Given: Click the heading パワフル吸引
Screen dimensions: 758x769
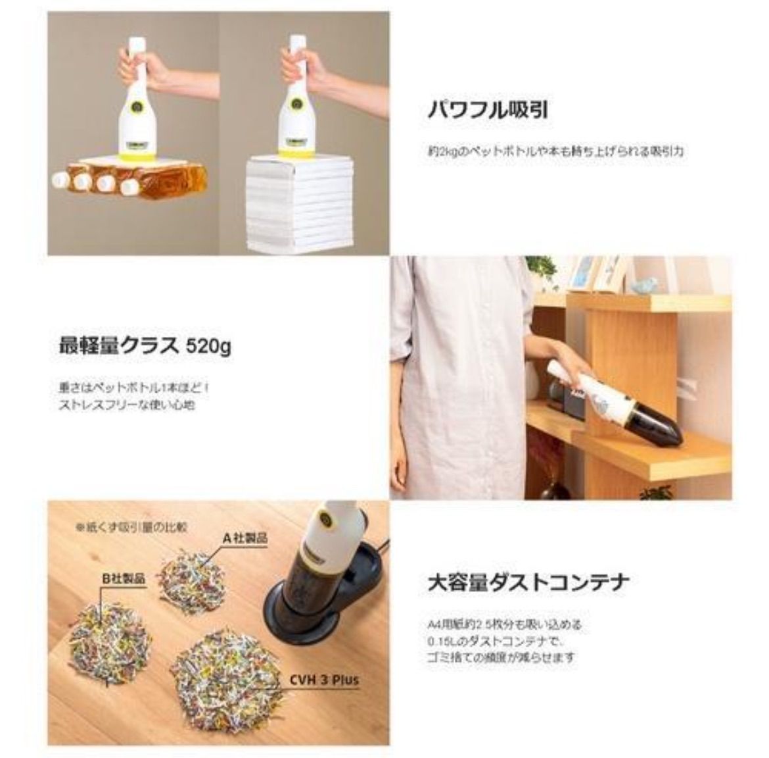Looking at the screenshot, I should click(488, 109).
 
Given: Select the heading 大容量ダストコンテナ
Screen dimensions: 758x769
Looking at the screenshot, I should click(528, 582).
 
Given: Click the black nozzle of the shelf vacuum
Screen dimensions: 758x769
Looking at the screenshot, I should click(657, 428).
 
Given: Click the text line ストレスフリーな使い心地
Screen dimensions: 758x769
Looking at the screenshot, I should click(127, 405).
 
